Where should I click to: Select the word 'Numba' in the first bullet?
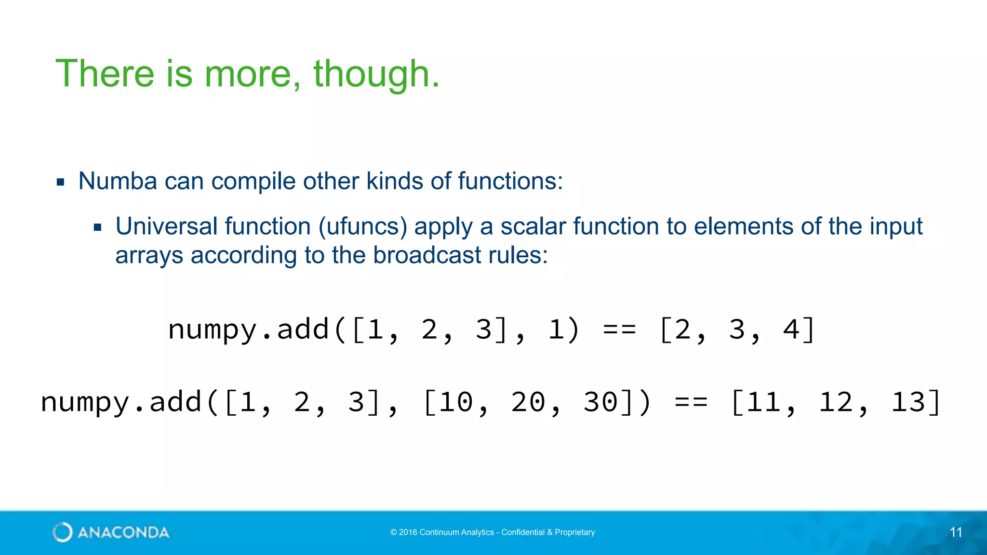118,181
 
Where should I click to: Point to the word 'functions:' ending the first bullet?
510,181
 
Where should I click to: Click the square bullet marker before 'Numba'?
60,182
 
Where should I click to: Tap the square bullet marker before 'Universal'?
98,227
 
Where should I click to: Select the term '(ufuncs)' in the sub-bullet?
362,226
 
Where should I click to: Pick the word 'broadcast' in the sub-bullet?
427,255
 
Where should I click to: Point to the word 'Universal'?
166,226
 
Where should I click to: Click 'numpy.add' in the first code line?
248,330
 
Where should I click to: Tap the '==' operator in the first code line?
619,330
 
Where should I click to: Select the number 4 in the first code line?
791,330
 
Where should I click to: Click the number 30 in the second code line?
600,402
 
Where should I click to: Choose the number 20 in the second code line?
528,402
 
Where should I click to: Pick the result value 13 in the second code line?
908,402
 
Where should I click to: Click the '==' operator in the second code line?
691,402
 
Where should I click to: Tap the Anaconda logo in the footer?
111,532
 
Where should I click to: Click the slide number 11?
956,532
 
